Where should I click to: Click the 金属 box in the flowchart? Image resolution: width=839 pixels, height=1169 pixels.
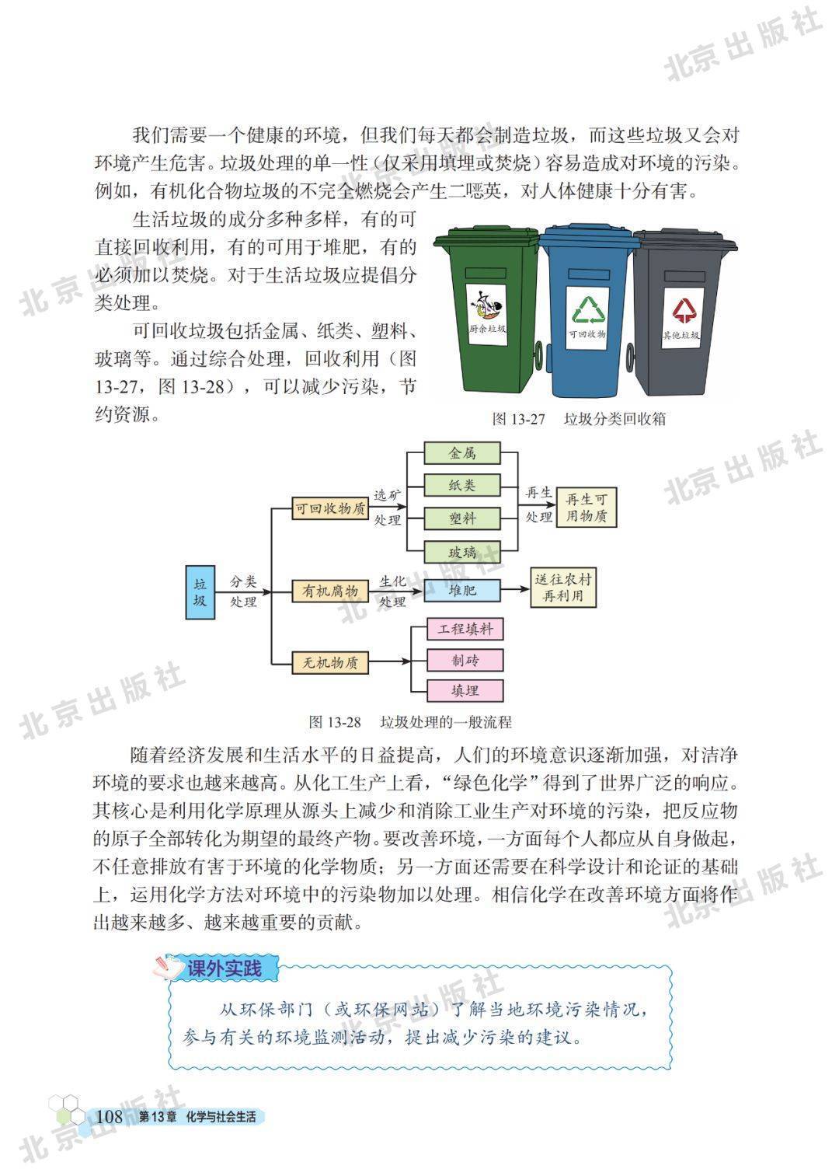[x=462, y=453]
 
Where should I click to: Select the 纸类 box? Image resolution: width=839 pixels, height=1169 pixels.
[x=462, y=485]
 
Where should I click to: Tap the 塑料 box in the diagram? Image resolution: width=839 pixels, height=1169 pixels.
[x=462, y=518]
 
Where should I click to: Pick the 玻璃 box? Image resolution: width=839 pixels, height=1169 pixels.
[x=462, y=552]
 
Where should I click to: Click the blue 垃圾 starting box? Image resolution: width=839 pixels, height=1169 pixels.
[x=200, y=592]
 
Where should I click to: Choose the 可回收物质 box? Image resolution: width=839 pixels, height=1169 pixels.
[x=330, y=508]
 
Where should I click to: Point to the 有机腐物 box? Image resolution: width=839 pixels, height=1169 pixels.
[x=330, y=591]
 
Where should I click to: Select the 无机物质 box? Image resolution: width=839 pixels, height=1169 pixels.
[x=330, y=663]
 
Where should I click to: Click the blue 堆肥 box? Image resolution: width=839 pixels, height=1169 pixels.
[x=462, y=590]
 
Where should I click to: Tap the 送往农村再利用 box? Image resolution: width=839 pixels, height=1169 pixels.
[x=563, y=588]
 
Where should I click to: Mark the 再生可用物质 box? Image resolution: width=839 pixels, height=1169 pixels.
[x=586, y=508]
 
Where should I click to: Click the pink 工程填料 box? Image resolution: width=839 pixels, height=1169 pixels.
[x=465, y=629]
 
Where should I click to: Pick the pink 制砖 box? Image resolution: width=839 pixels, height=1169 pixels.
[x=465, y=660]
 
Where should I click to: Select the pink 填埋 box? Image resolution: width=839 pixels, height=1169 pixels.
[x=465, y=691]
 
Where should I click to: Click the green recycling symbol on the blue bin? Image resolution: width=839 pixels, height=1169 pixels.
[x=588, y=310]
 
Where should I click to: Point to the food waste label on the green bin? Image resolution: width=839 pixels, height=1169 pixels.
[x=487, y=315]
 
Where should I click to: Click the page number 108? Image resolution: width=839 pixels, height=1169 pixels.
[x=110, y=1116]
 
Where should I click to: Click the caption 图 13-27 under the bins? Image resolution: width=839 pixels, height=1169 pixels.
[x=518, y=419]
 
